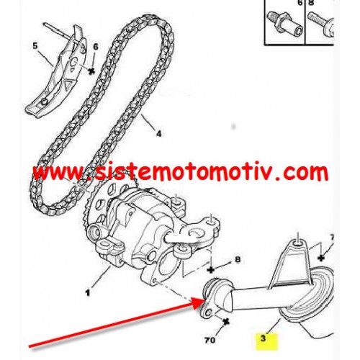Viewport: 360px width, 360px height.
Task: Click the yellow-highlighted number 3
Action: point(264,338)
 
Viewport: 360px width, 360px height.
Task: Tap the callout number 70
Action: point(210,340)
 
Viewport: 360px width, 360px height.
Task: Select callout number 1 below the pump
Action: point(88,292)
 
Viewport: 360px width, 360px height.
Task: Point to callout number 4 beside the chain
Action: point(159,133)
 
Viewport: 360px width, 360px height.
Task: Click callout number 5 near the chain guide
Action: point(35,45)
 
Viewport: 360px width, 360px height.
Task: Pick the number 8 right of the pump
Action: point(238,260)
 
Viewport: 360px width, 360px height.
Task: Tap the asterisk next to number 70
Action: point(225,322)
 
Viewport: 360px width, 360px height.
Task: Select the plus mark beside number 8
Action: point(211,270)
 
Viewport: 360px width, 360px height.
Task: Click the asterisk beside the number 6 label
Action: point(91,71)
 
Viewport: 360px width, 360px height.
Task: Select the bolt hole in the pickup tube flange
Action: point(209,312)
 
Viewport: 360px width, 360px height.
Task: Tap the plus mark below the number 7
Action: point(321,258)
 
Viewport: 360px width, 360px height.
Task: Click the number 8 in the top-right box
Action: point(310,3)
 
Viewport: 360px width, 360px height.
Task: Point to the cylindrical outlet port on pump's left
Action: point(94,231)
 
